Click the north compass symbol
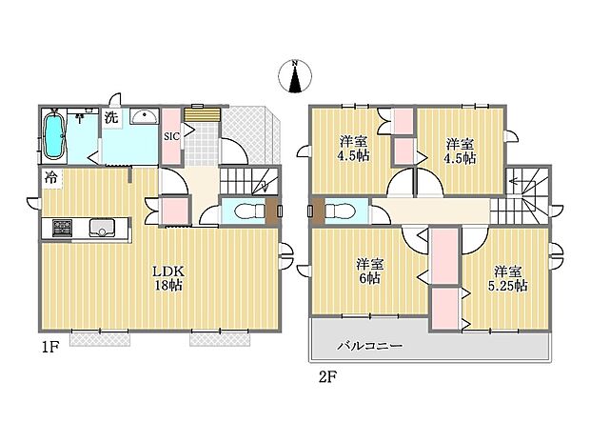coord(295,76)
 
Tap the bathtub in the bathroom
coord(54,135)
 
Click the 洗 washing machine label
coord(111,118)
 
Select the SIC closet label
coord(171,136)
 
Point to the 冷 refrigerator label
coord(51,177)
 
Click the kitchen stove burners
coord(63,228)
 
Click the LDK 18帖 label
coord(169,278)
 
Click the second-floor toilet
coord(340,211)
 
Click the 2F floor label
coord(327,377)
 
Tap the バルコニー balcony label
coord(369,346)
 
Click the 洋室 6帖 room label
coord(369,271)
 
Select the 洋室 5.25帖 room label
coord(507,278)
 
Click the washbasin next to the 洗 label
coord(145,116)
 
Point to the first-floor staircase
coord(248,182)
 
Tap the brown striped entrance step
coord(202,115)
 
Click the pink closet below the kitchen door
coord(174,211)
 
